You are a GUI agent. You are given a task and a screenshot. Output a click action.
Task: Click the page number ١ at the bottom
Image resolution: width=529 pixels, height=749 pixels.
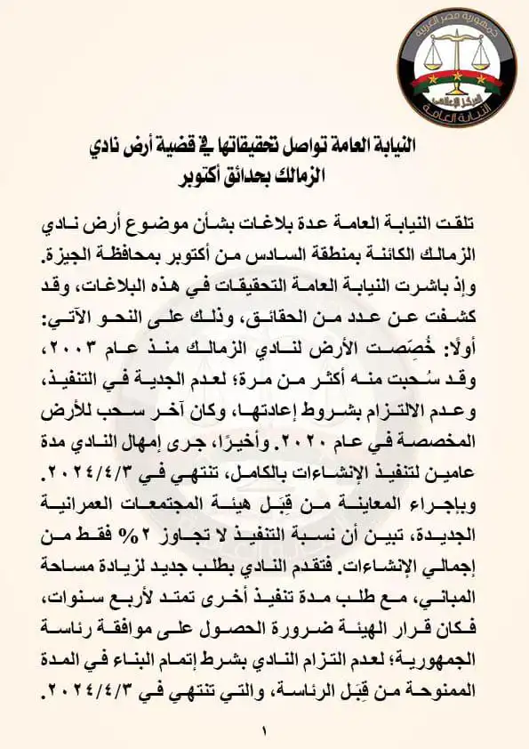[264, 731]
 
